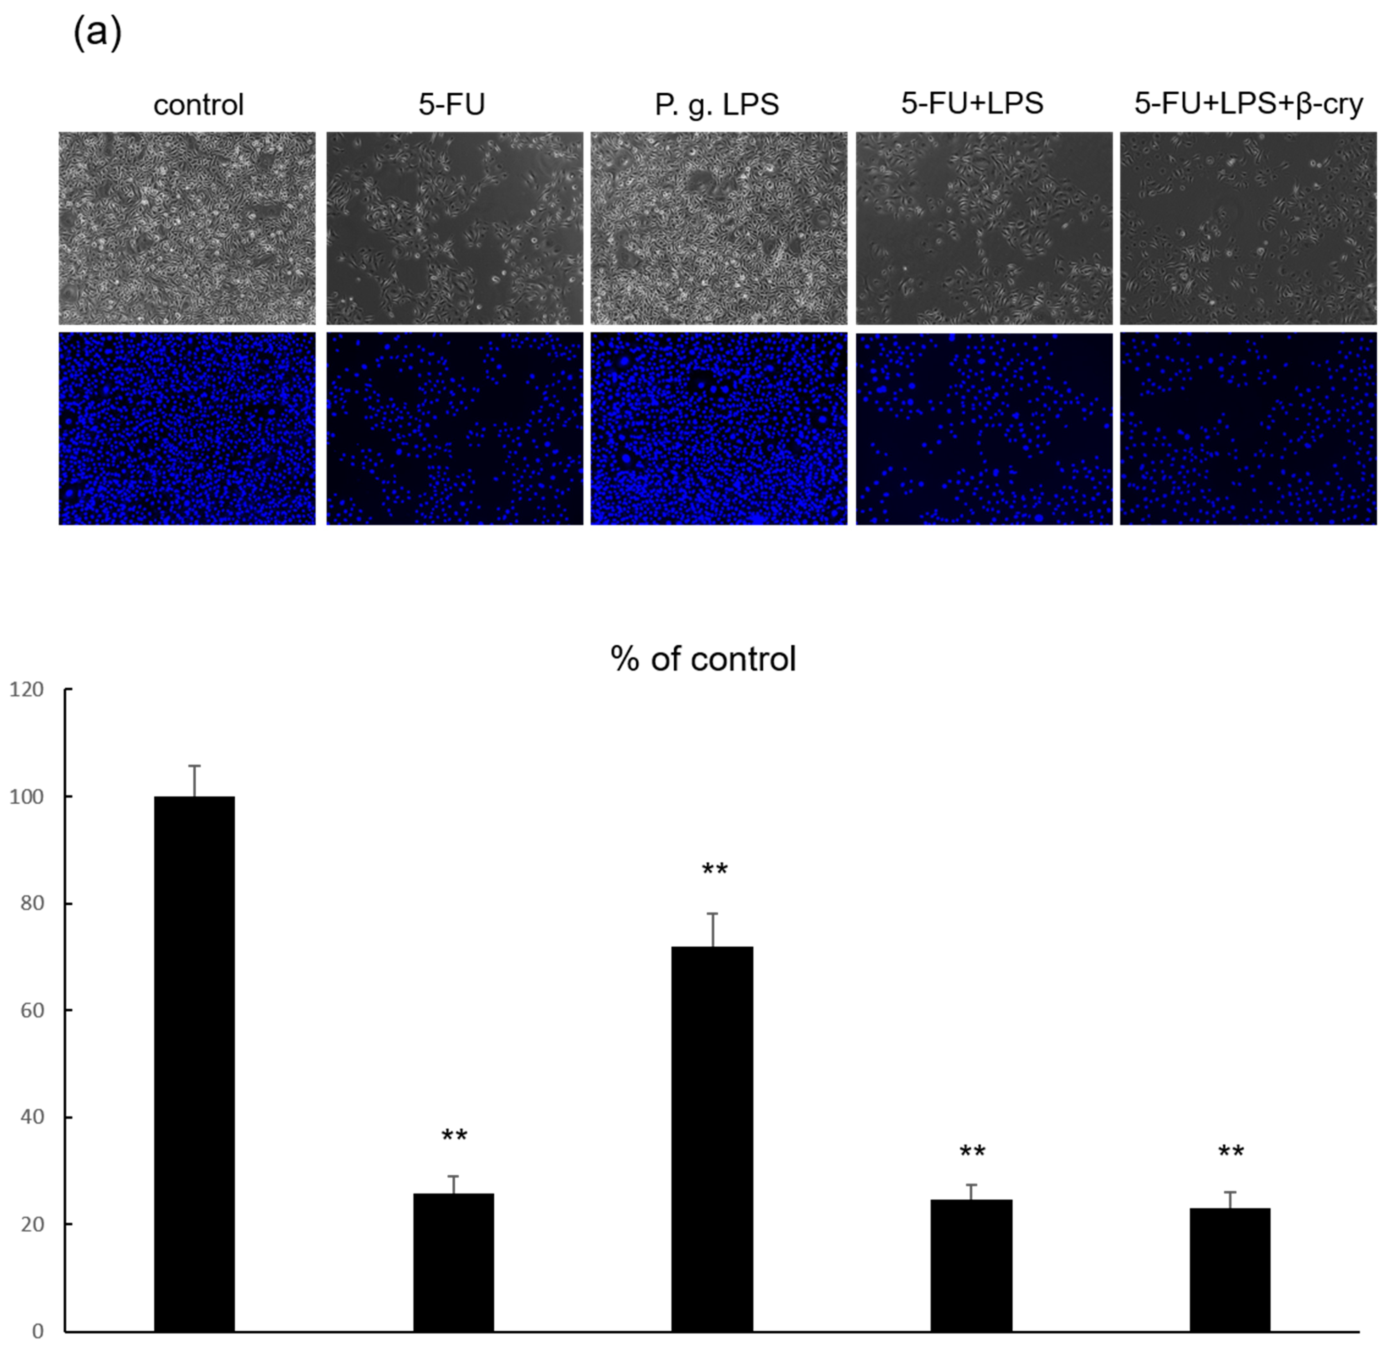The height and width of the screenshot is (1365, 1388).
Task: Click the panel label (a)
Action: tap(98, 34)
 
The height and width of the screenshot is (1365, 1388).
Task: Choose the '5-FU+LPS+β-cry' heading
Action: tap(1248, 104)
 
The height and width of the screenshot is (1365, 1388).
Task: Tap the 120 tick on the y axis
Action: tap(27, 690)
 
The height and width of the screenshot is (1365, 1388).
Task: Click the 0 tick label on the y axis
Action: tap(37, 1331)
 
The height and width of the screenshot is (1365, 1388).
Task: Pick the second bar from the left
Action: tap(453, 1262)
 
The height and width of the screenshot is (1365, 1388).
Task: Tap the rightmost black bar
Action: tap(1230, 1269)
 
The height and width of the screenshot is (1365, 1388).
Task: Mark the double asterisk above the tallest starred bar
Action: tap(714, 870)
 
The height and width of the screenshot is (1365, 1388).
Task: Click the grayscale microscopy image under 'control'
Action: tap(186, 228)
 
